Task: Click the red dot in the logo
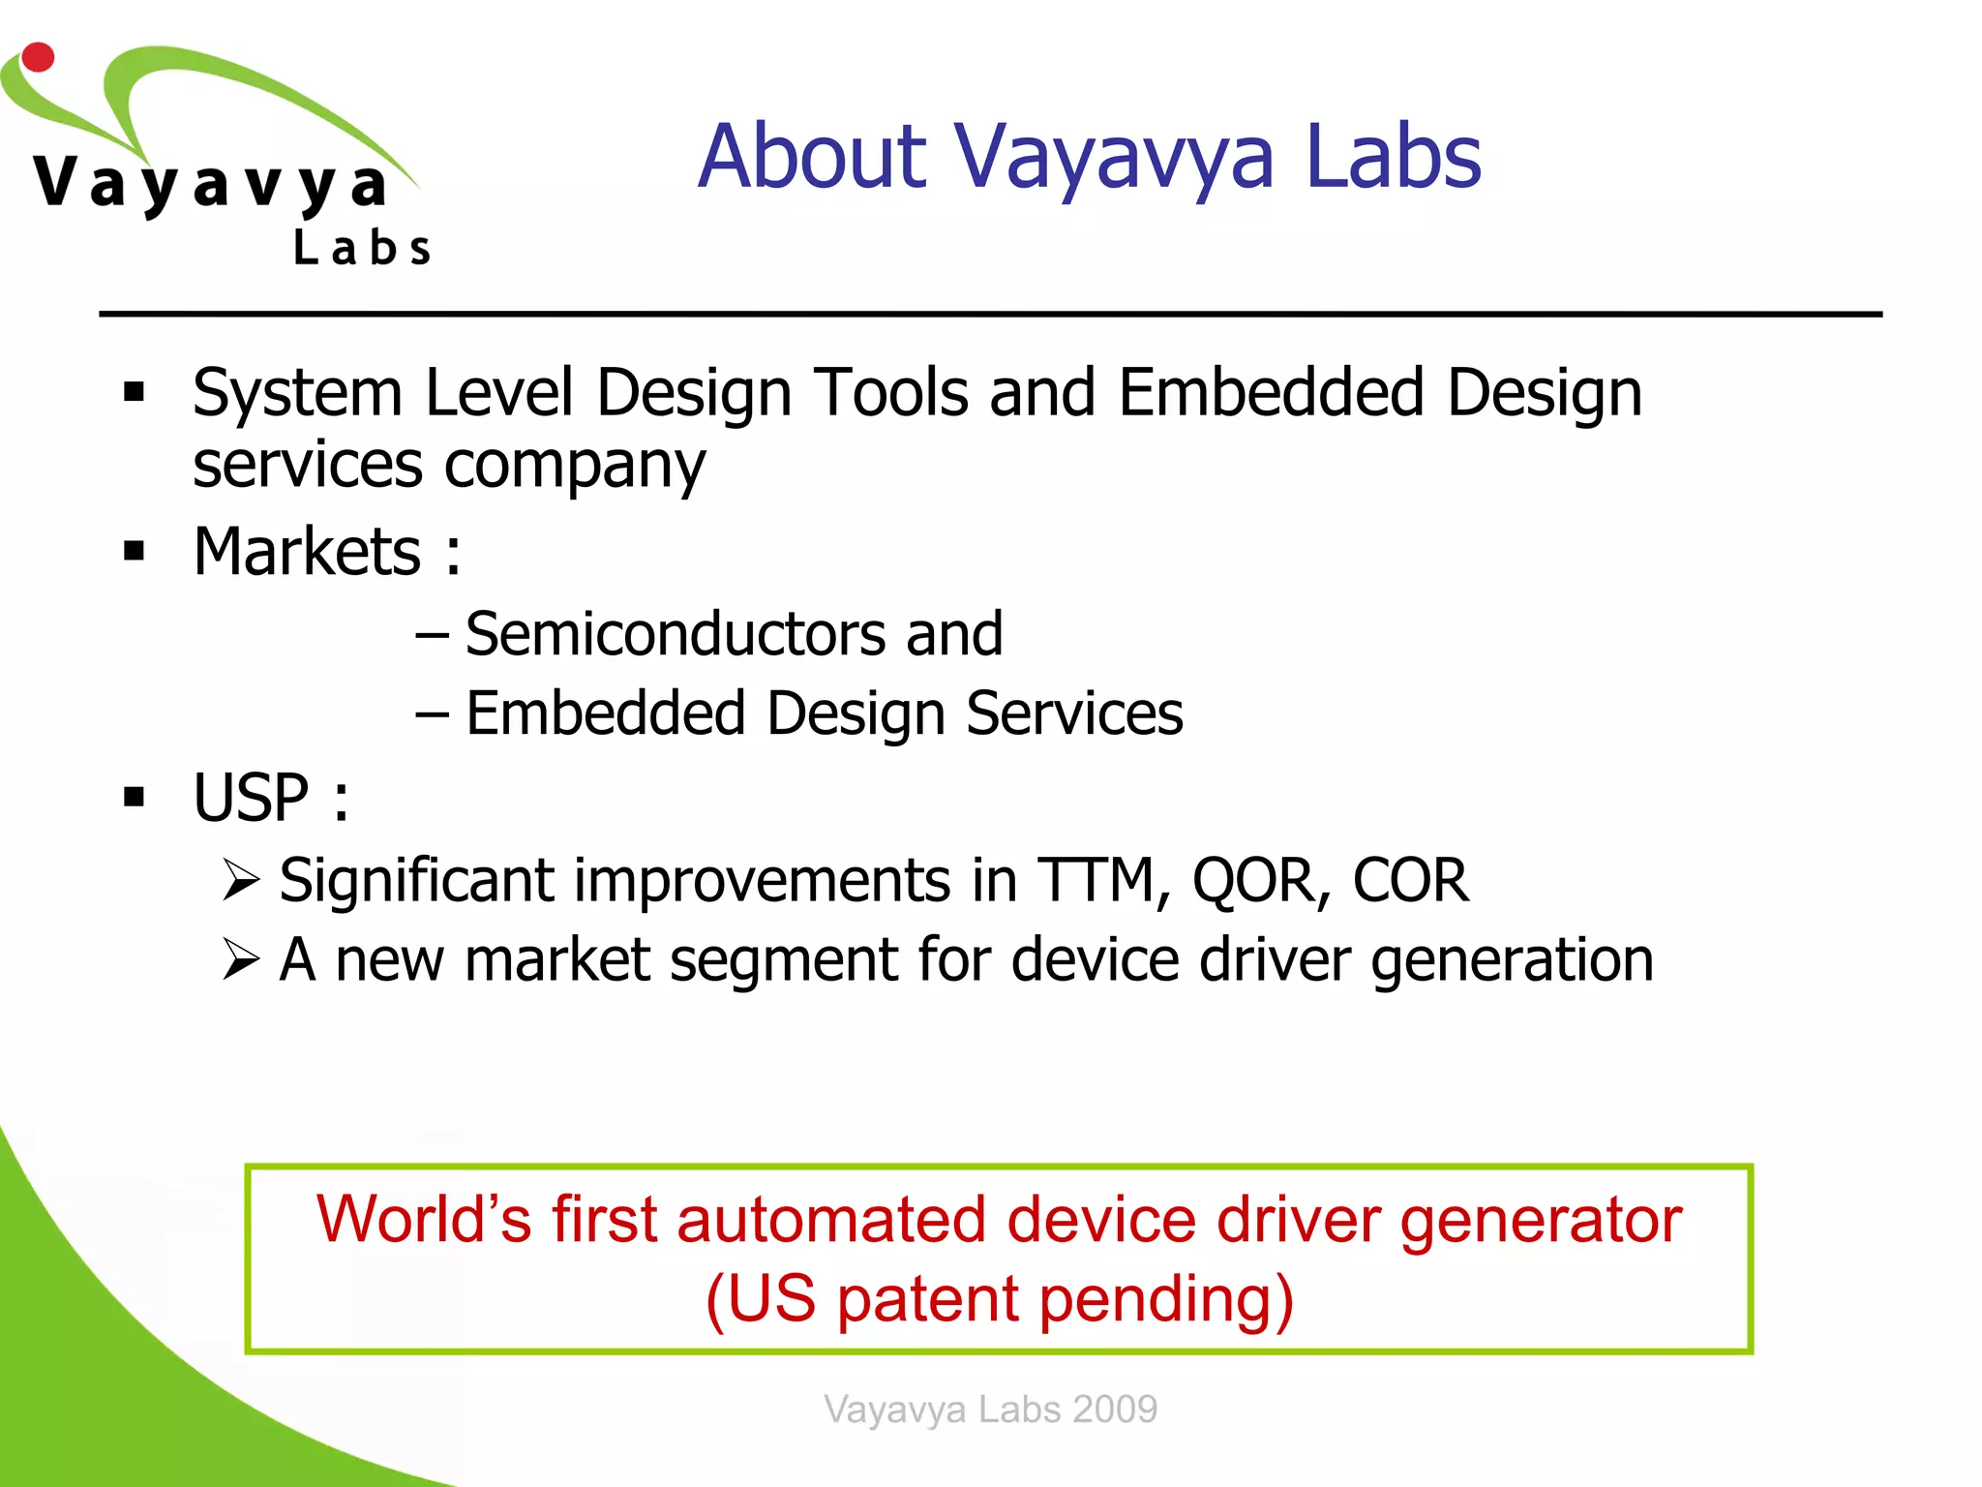coord(38,57)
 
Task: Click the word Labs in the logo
coord(362,248)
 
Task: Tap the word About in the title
coord(813,157)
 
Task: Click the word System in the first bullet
coord(297,395)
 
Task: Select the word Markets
coord(307,552)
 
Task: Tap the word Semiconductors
coord(676,634)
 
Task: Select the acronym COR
coord(1410,881)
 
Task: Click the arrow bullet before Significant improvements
coord(241,880)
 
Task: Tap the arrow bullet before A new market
coord(241,959)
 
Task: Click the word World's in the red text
coord(424,1219)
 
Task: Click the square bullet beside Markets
coord(135,552)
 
